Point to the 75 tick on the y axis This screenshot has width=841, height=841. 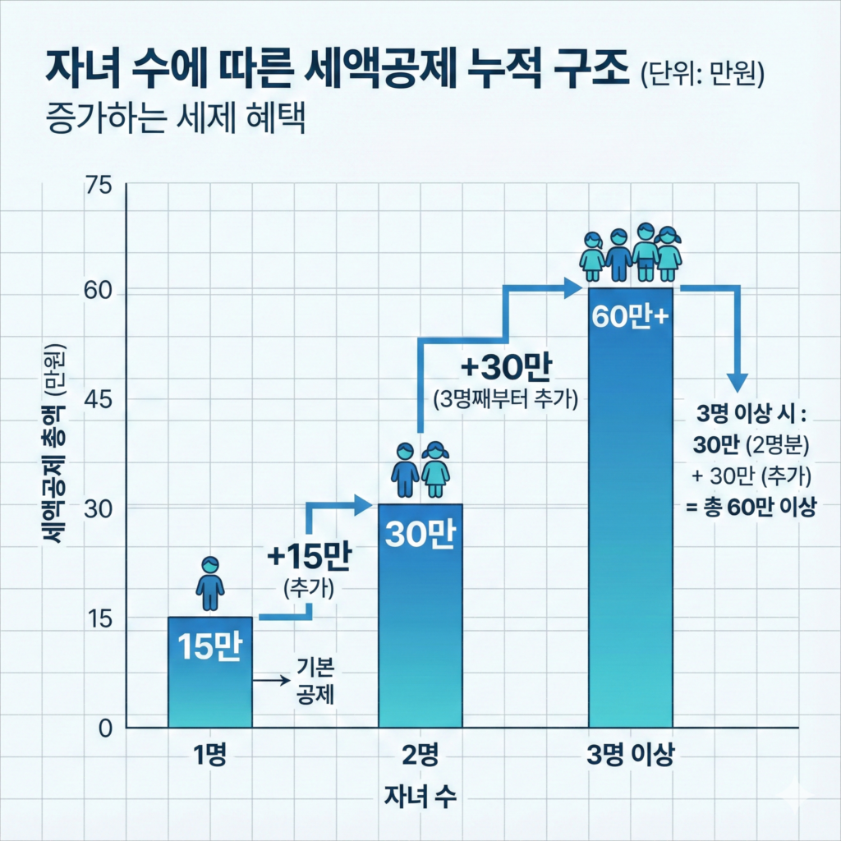click(97, 186)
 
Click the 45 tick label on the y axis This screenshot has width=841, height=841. click(97, 400)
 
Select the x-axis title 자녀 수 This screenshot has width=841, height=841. click(420, 795)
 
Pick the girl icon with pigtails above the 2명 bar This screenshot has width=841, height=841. click(435, 470)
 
